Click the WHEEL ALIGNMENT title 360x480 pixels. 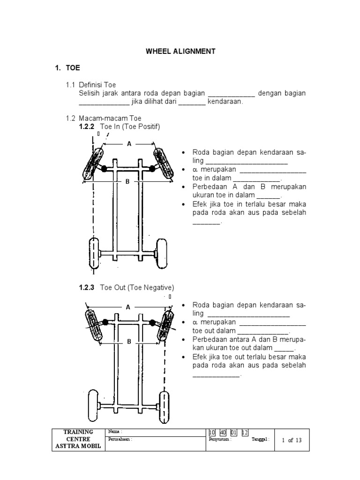click(x=180, y=52)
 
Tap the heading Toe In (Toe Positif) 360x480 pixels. click(x=130, y=127)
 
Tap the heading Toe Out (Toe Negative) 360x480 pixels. click(x=137, y=287)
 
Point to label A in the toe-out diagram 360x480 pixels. click(x=127, y=307)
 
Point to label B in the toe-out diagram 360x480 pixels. click(x=129, y=342)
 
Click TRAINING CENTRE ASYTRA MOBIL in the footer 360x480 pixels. click(x=78, y=439)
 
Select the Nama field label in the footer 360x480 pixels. click(x=115, y=431)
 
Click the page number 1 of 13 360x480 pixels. click(x=292, y=440)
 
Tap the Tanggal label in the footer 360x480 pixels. click(x=260, y=440)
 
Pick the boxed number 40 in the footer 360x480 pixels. click(x=223, y=432)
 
